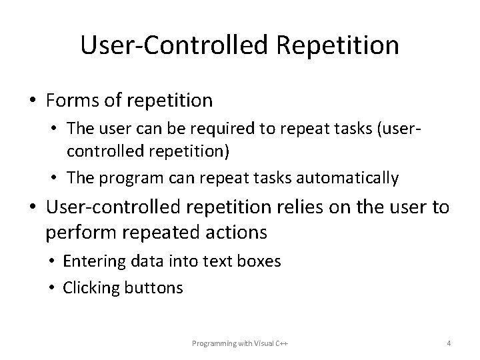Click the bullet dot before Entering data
[53, 262]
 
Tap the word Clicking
[88, 288]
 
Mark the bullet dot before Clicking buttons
[53, 288]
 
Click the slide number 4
[449, 343]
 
